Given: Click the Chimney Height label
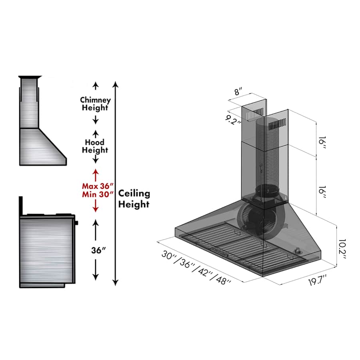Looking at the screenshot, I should [x=95, y=104].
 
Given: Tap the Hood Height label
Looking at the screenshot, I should [x=95, y=146].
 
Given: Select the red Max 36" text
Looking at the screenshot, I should [x=98, y=186].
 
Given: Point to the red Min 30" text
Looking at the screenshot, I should [x=98, y=194].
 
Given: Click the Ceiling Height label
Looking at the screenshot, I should [x=134, y=199].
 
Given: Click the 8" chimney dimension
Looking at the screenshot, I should [x=240, y=92].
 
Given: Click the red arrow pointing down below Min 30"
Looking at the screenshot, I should [x=96, y=206].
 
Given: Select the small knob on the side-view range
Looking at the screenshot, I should [x=76, y=222].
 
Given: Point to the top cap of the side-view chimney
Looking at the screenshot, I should [x=30, y=77].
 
